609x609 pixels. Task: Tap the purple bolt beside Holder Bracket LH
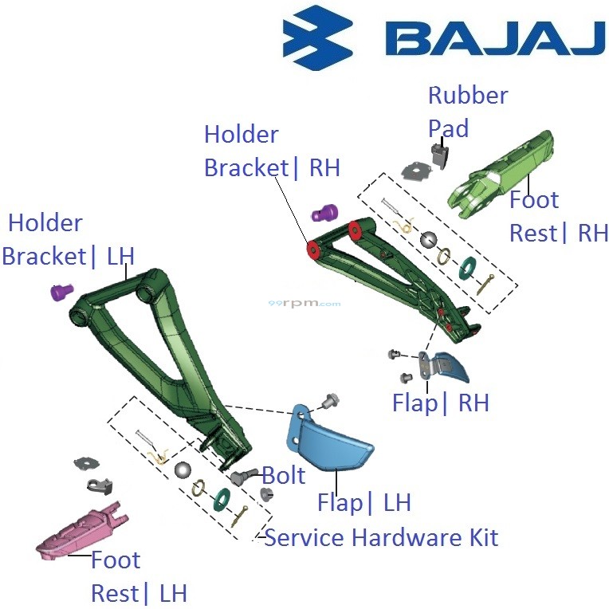[61, 292]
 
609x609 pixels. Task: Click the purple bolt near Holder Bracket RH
[324, 214]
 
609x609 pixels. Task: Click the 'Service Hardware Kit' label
[381, 537]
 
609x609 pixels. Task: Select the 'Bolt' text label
[284, 475]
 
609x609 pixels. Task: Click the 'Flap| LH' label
[363, 502]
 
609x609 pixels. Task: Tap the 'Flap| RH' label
[440, 403]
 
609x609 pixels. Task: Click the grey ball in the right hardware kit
[430, 240]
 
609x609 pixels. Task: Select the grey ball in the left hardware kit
[183, 469]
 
